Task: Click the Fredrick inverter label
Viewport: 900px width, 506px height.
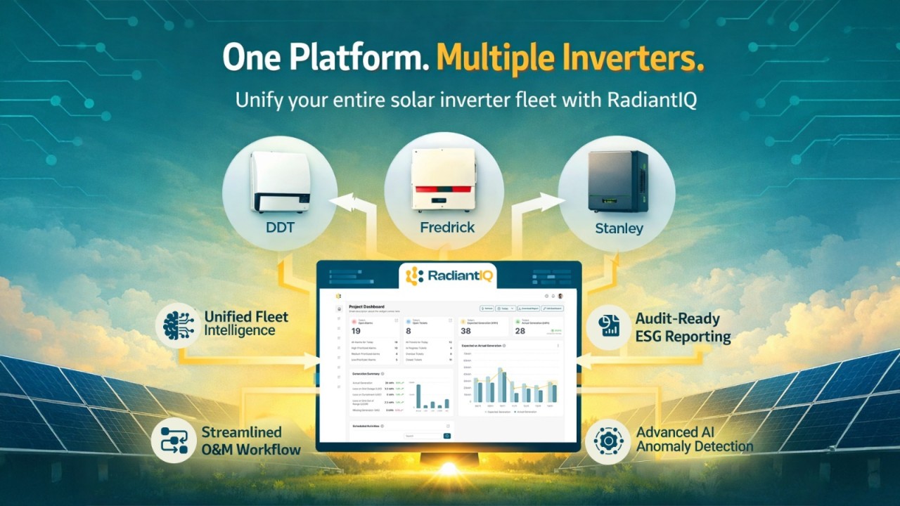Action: [447, 227]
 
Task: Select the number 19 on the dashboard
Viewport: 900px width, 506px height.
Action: [356, 331]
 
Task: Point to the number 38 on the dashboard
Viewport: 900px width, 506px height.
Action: [465, 331]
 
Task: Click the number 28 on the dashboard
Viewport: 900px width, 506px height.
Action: [520, 331]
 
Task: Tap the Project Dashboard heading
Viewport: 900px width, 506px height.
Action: [366, 306]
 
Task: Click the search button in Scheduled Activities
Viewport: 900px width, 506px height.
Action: [446, 436]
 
